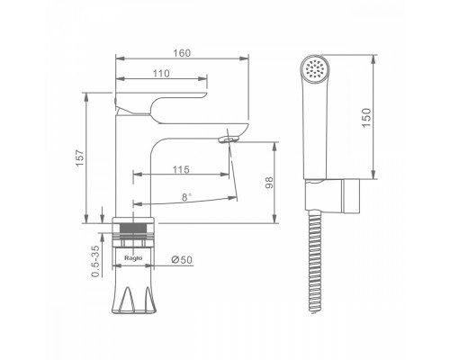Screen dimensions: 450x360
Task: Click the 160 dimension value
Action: (x=182, y=53)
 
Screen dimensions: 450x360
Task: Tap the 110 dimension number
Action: (x=161, y=74)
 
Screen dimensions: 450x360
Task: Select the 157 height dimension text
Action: (x=80, y=158)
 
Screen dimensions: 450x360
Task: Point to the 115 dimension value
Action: (x=181, y=170)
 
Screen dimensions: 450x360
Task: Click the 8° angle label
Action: (x=186, y=197)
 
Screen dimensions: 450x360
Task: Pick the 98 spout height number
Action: (x=269, y=183)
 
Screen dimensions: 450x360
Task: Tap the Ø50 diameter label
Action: (x=182, y=260)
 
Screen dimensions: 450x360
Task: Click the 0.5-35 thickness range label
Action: (x=95, y=261)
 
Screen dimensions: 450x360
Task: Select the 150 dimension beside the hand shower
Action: (x=366, y=118)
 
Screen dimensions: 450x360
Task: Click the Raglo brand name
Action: (x=133, y=257)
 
